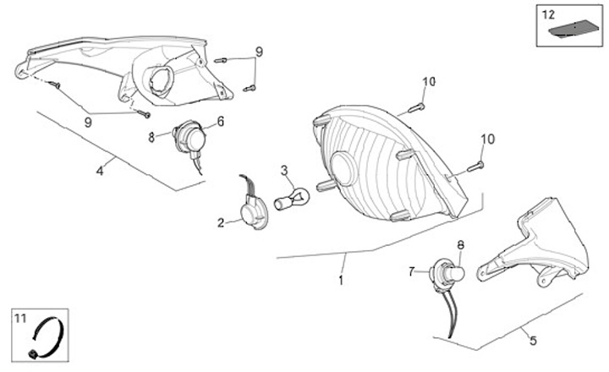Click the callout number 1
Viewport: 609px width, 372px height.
click(341, 279)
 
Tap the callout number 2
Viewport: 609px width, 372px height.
click(221, 223)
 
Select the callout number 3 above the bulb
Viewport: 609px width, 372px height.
click(285, 171)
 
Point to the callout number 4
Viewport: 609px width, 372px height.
click(99, 171)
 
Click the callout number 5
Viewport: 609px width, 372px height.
click(533, 341)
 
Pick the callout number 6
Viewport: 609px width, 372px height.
click(221, 121)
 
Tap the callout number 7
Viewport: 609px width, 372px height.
click(412, 271)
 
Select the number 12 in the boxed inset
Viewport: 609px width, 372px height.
click(548, 14)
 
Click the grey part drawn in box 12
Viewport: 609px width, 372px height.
click(568, 30)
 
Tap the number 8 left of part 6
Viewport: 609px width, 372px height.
click(151, 135)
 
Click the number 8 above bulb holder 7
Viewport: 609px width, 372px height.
click(460, 245)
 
